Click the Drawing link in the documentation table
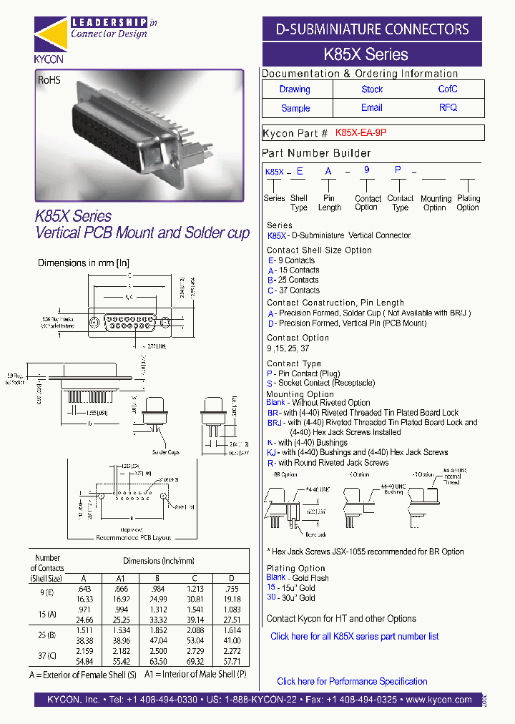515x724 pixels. point(295,89)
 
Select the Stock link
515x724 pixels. point(372,89)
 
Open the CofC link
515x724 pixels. point(448,89)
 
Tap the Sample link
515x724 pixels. point(295,108)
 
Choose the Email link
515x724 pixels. point(372,108)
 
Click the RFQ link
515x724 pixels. point(448,108)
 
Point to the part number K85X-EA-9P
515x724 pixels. point(360,133)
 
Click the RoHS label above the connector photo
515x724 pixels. point(49,81)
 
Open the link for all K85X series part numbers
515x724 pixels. point(354,636)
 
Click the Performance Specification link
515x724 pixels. point(352,681)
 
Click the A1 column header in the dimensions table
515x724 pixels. point(121,578)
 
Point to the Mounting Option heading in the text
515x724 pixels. point(300,394)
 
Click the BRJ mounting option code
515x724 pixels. point(274,422)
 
